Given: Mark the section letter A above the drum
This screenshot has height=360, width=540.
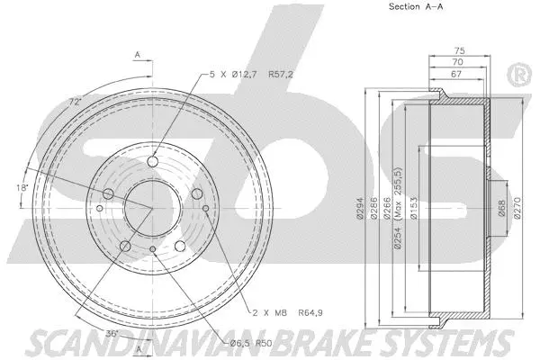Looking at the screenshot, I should (x=138, y=55).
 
